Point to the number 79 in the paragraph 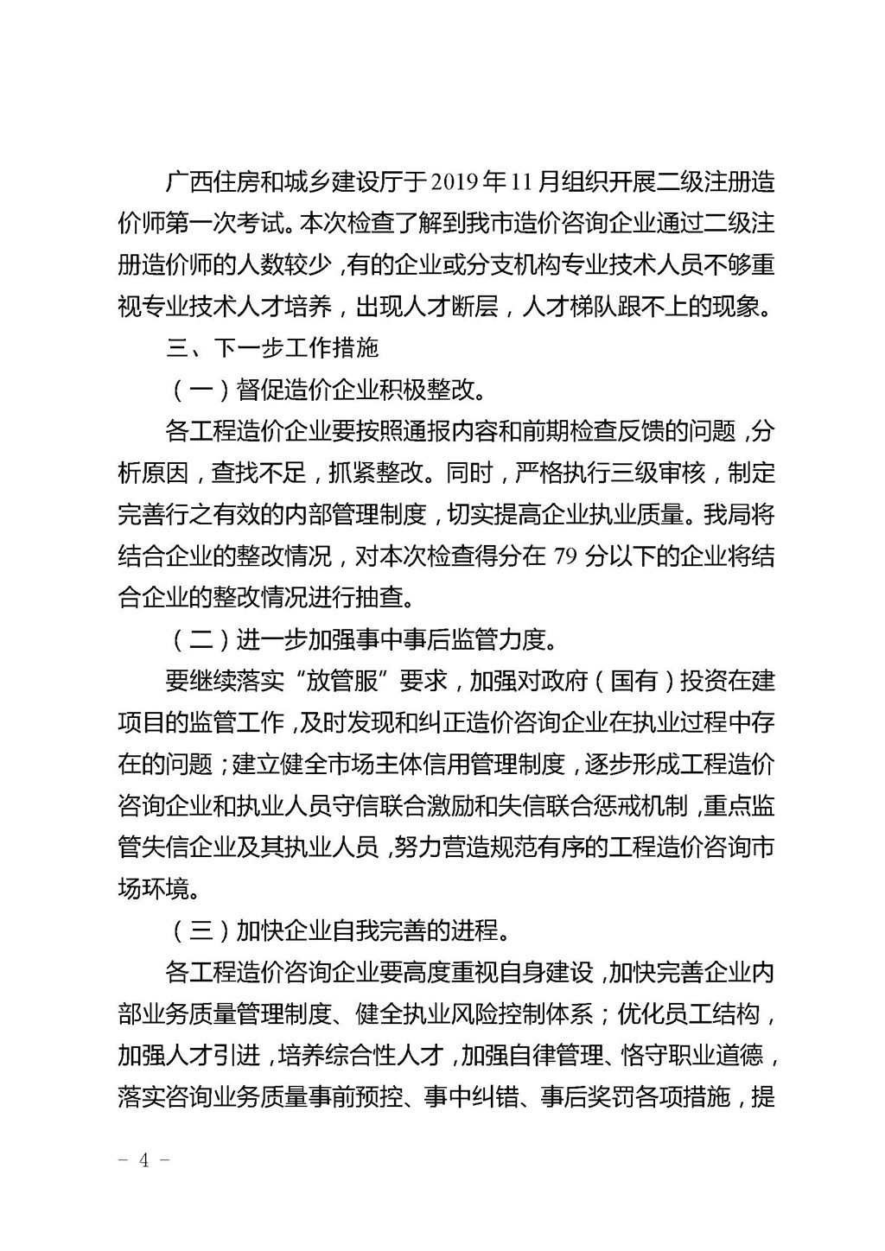pos(564,556)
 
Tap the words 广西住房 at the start pos(211,184)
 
